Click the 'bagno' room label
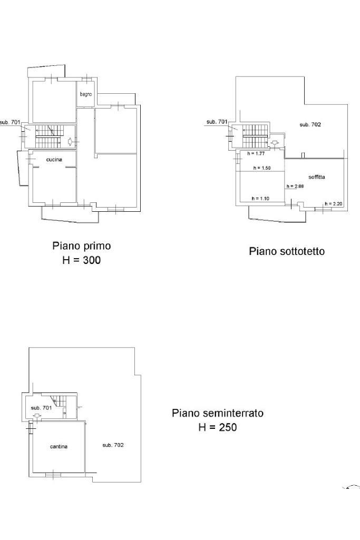point(86,94)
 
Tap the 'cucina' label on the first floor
point(54,160)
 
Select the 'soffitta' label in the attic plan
point(317,176)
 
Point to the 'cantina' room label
point(59,446)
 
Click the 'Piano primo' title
point(82,246)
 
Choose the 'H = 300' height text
point(82,260)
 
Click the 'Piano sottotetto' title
point(287,251)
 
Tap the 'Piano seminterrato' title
point(218,413)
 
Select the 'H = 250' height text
point(218,427)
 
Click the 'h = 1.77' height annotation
point(256,154)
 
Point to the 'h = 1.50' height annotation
point(262,168)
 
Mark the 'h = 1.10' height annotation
point(260,199)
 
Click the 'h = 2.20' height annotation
point(334,204)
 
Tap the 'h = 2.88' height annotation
point(295,186)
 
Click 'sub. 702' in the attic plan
point(310,124)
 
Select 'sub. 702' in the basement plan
point(113,445)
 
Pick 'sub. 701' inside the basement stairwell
point(41,408)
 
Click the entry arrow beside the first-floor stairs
point(70,141)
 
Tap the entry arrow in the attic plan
point(275,142)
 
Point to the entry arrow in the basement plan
point(37,417)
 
